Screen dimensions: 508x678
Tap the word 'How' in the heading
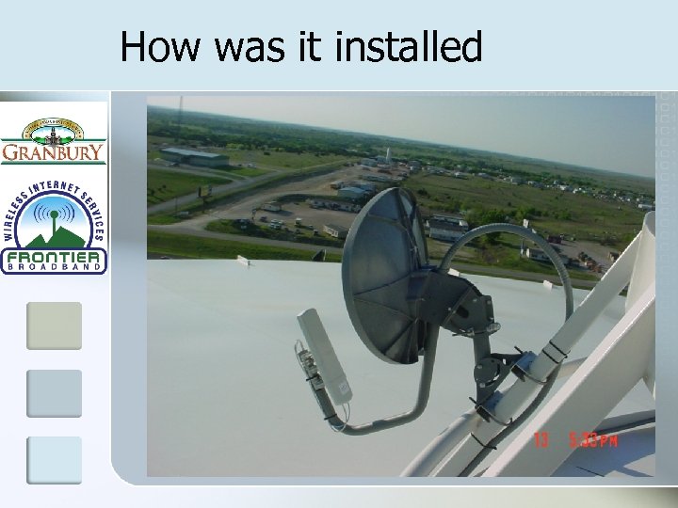click(160, 47)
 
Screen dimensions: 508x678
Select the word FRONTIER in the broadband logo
click(54, 258)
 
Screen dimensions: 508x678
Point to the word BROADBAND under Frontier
click(54, 268)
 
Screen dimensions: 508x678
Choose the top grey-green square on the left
click(54, 325)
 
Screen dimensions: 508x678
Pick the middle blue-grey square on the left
click(54, 393)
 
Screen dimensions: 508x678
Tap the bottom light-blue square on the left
click(54, 460)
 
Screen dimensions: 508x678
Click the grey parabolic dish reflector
click(381, 273)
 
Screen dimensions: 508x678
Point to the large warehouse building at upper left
click(194, 156)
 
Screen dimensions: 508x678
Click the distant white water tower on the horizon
click(387, 154)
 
